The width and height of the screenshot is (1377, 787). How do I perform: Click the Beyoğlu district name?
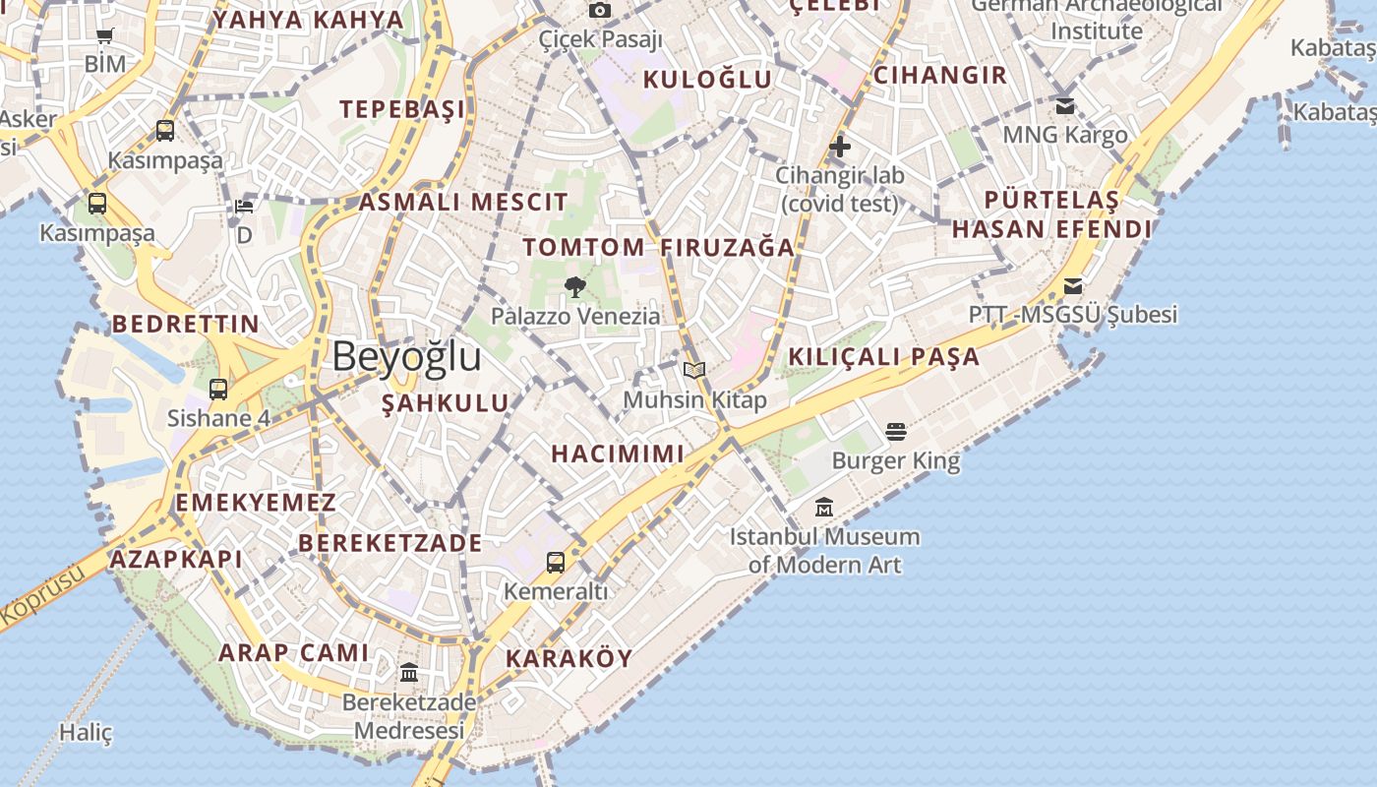pyautogui.click(x=406, y=356)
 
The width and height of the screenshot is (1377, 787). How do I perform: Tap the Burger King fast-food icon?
pyautogui.click(x=895, y=431)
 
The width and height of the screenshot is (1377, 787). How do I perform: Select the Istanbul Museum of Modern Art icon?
pyautogui.click(x=824, y=508)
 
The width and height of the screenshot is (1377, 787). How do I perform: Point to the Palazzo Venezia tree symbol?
pyautogui.click(x=575, y=287)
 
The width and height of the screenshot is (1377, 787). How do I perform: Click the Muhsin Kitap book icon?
pyautogui.click(x=694, y=371)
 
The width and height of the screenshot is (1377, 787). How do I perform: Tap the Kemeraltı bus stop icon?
pyautogui.click(x=556, y=563)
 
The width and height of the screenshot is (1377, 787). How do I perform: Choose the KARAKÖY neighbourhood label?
pyautogui.click(x=569, y=659)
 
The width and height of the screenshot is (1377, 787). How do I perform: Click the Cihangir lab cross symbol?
pyautogui.click(x=839, y=148)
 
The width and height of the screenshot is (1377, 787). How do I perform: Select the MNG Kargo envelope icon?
pyautogui.click(x=1064, y=105)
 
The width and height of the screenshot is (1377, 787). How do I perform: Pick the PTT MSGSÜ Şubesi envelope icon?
pyautogui.click(x=1072, y=286)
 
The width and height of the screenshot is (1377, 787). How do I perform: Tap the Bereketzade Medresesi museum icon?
pyautogui.click(x=408, y=673)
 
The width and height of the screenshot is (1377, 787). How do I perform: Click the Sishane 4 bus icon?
pyautogui.click(x=218, y=390)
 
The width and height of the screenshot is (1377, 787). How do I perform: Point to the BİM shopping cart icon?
pyautogui.click(x=105, y=36)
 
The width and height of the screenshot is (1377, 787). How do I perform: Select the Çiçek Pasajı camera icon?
pyautogui.click(x=600, y=11)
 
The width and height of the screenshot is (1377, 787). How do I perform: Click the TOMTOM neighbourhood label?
pyautogui.click(x=583, y=248)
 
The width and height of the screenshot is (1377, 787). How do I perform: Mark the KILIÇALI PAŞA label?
pyautogui.click(x=884, y=357)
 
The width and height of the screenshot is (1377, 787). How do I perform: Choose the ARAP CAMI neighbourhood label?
pyautogui.click(x=293, y=652)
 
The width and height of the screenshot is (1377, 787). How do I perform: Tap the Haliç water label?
pyautogui.click(x=86, y=733)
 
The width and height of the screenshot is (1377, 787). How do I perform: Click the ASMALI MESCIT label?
pyautogui.click(x=462, y=203)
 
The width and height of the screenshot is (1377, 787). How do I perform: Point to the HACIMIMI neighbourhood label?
pyautogui.click(x=617, y=454)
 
